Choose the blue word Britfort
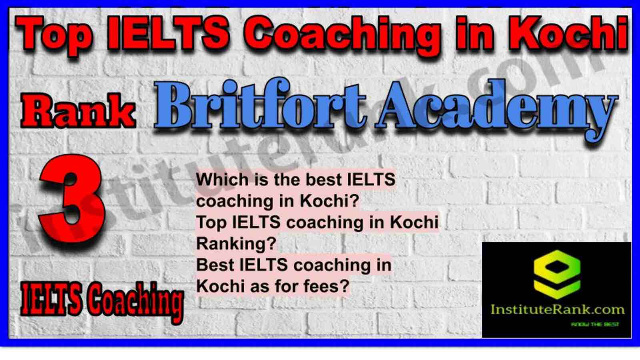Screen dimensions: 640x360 click(260, 105)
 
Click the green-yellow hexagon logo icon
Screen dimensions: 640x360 click(557, 275)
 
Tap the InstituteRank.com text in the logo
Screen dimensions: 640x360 click(558, 310)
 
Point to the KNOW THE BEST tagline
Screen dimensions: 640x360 click(595, 324)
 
